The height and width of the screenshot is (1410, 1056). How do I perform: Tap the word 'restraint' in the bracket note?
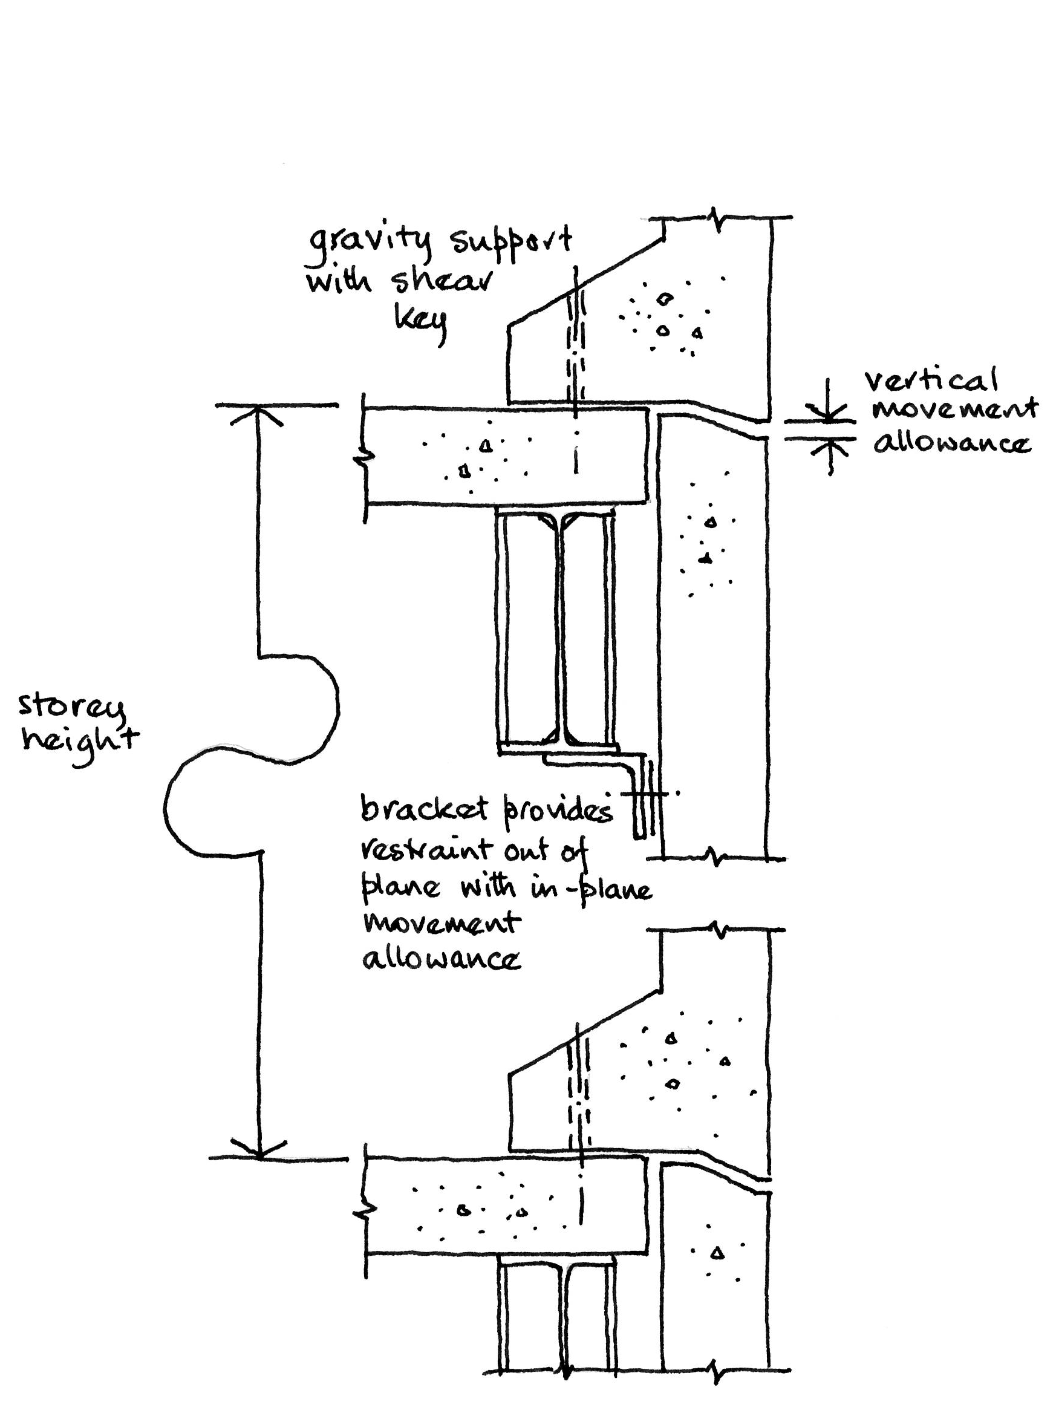427,850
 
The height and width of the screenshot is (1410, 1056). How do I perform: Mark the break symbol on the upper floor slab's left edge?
366,457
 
